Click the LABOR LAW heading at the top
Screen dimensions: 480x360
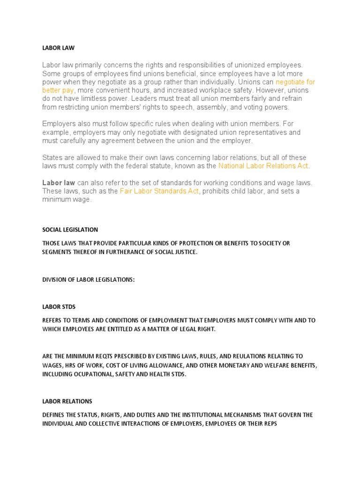(58, 48)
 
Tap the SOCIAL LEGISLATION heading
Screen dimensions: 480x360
(70, 230)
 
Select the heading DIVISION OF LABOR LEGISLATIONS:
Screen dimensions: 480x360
(88, 279)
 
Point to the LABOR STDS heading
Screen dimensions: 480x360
(59, 307)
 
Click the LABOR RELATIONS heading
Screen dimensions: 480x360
(67, 401)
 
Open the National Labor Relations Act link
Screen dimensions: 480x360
(264, 166)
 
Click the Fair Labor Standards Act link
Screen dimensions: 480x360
(159, 191)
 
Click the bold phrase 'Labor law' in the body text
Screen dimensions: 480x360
(59, 183)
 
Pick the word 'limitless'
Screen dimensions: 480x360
(92, 99)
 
